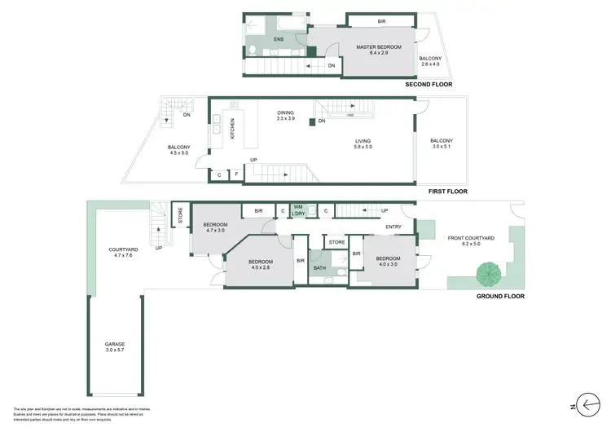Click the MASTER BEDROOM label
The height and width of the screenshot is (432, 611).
pyautogui.click(x=379, y=47)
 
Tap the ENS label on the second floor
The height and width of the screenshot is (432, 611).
pyautogui.click(x=279, y=38)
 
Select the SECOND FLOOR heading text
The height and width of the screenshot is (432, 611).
pyautogui.click(x=429, y=85)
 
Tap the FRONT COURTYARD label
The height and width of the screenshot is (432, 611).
pyautogui.click(x=477, y=240)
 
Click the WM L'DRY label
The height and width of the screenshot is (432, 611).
pyautogui.click(x=298, y=210)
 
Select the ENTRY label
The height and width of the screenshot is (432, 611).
pyautogui.click(x=393, y=227)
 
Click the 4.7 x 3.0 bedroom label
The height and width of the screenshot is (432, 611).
pyautogui.click(x=216, y=227)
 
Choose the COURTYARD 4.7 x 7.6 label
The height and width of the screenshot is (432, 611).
pyautogui.click(x=126, y=253)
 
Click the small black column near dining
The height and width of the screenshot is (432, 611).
pyautogui.click(x=311, y=122)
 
